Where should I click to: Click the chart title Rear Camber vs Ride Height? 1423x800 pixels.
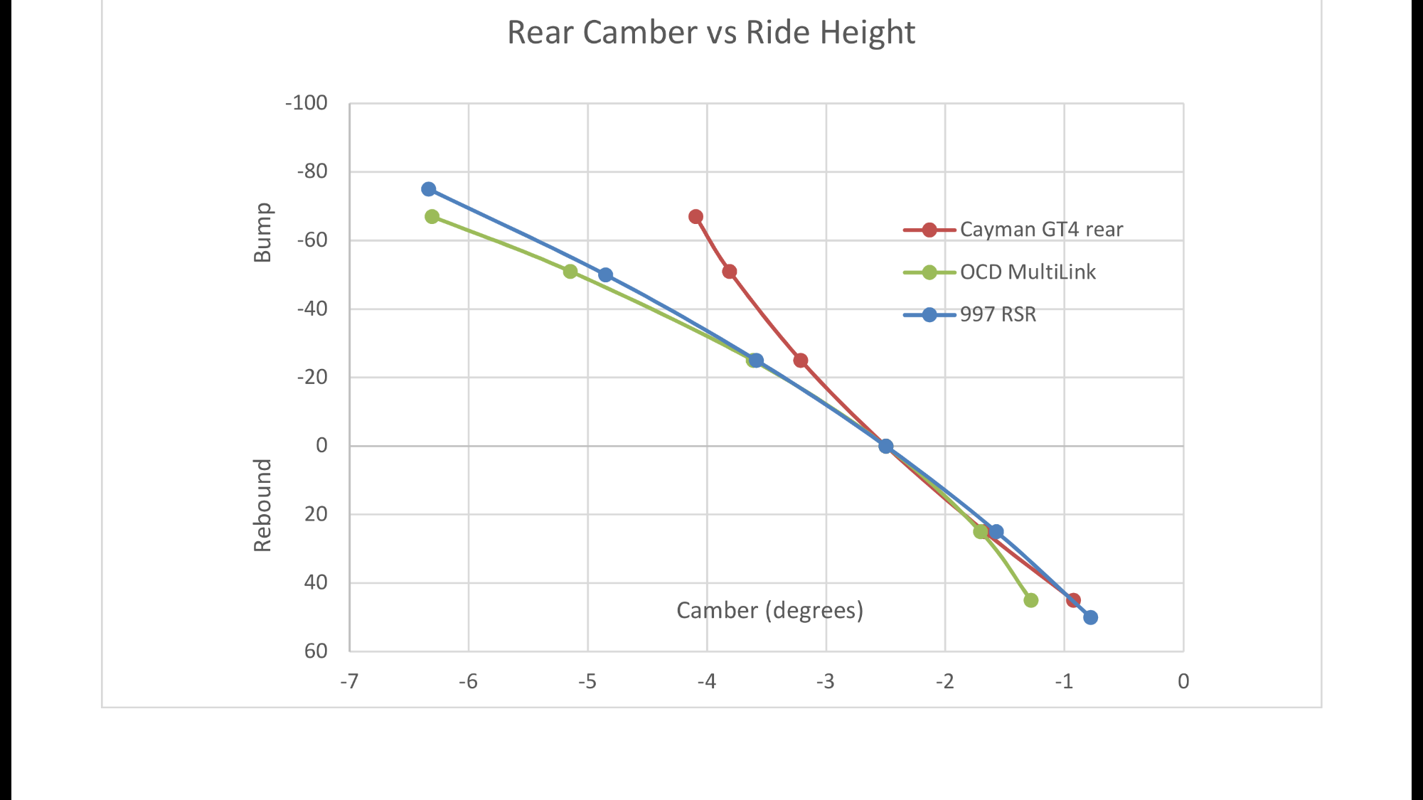[710, 33]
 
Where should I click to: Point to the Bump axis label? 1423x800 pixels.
[263, 233]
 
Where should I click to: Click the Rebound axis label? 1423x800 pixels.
[263, 505]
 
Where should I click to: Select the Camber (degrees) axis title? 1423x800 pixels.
[769, 610]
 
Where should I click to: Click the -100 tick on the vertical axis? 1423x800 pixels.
[307, 103]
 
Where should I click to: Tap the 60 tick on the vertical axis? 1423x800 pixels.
[316, 651]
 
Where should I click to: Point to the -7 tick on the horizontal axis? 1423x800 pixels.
[348, 681]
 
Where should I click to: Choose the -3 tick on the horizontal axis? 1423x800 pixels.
[825, 681]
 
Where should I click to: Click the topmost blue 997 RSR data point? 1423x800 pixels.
[428, 189]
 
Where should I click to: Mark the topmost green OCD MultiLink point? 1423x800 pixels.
[432, 216]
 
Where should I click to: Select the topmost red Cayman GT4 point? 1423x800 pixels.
[695, 216]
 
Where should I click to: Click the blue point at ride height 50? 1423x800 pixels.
[1090, 617]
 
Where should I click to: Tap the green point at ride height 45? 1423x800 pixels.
[1030, 600]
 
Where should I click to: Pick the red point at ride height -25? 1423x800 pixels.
[800, 361]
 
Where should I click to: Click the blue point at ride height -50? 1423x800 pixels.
[605, 274]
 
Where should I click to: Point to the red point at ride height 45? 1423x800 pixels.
[1073, 600]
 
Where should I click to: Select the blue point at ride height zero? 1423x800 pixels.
[885, 446]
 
